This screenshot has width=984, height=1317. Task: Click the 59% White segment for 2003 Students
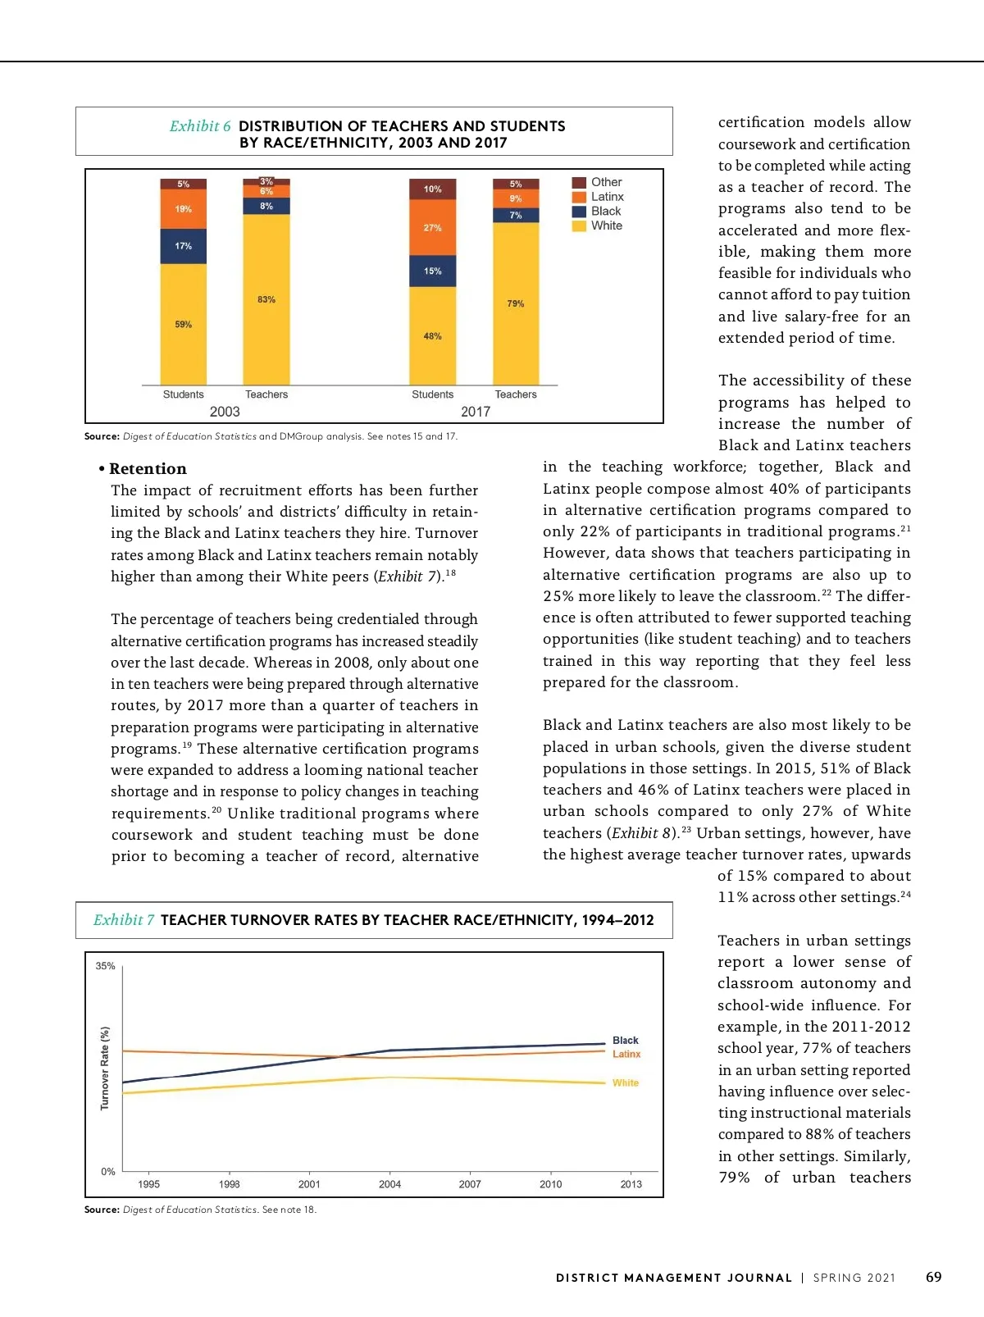click(x=183, y=324)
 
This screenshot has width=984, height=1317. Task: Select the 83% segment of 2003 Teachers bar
click(x=266, y=299)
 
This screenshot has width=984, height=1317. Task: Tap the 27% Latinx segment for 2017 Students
click(x=432, y=227)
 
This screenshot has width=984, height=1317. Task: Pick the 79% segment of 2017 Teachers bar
click(x=515, y=303)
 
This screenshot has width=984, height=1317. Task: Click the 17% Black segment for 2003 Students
click(x=183, y=246)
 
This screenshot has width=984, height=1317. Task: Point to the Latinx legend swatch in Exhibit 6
click(x=579, y=197)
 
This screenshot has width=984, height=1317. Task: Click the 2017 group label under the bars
click(x=476, y=412)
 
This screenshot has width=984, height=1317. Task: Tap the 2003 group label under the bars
click(x=225, y=412)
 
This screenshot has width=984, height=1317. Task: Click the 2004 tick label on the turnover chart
click(x=389, y=1184)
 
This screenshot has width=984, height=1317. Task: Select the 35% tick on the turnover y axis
click(x=105, y=966)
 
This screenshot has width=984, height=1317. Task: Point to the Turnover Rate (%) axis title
click(x=105, y=1068)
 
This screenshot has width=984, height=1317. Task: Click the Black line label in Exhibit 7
click(x=625, y=1040)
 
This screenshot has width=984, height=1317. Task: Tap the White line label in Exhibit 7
click(x=625, y=1083)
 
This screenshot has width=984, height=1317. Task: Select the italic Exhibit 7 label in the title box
click(x=124, y=920)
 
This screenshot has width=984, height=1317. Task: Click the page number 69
click(x=933, y=1277)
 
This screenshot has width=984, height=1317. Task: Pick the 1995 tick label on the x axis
click(x=149, y=1184)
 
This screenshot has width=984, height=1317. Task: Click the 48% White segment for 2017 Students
click(x=432, y=336)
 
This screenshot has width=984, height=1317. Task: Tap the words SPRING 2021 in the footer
click(x=854, y=1278)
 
